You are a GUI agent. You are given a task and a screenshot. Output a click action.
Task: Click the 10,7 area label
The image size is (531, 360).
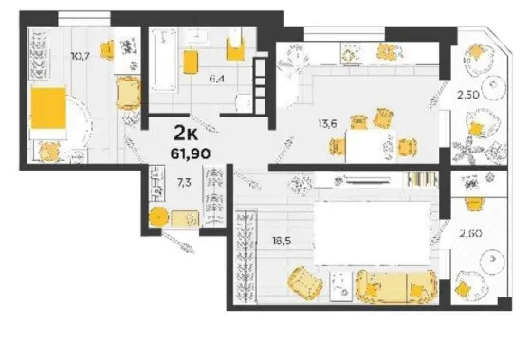(x=81, y=56)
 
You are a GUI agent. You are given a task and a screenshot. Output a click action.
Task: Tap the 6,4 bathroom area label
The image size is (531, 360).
(x=217, y=80)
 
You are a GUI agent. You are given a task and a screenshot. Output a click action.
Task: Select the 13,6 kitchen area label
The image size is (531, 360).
(x=327, y=124)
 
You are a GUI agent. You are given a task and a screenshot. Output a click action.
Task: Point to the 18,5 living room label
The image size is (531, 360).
(x=282, y=241)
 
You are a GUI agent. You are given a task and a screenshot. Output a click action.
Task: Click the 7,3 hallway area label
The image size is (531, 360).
(x=184, y=183)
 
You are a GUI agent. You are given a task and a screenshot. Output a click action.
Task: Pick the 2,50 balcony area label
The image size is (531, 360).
(x=468, y=95)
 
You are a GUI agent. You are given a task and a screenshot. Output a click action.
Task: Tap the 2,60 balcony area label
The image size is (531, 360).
(x=470, y=233)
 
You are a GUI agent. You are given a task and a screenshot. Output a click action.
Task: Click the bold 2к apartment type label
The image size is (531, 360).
(x=186, y=133)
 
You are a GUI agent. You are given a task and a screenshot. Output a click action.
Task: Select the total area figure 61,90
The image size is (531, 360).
(x=191, y=153)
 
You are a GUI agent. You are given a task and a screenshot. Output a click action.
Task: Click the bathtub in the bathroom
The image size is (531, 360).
(x=164, y=61)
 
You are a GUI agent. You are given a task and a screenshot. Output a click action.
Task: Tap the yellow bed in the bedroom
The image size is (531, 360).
(x=48, y=108)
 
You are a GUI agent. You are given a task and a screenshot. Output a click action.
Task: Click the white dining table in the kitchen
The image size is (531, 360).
(x=371, y=146)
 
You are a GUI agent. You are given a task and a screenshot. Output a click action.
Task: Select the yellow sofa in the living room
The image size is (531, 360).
(x=396, y=286)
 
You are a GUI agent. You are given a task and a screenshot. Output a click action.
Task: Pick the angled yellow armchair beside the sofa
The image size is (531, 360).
(x=304, y=283)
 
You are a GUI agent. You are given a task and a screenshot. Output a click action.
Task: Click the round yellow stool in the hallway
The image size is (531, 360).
(x=158, y=218)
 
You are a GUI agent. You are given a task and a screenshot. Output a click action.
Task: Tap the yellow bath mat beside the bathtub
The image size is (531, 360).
(x=191, y=62)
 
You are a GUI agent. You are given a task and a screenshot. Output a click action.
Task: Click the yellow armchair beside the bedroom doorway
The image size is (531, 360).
(x=128, y=93)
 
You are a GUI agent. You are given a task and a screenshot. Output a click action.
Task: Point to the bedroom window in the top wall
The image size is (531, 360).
(x=84, y=18)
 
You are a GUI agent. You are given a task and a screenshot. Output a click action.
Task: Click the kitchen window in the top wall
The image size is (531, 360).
(x=345, y=34)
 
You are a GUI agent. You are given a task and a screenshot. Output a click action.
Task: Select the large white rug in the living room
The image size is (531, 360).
(x=373, y=233)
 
